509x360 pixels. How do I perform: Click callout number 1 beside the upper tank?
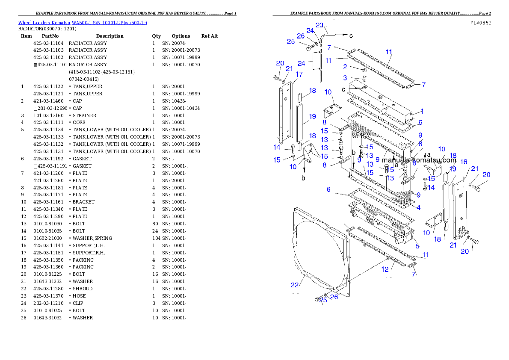click(x=422, y=112)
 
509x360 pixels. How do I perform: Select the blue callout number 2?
click(x=345, y=67)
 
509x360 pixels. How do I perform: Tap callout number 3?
click(x=345, y=78)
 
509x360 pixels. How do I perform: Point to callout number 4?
click(x=418, y=208)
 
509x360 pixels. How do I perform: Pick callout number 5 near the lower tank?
click(x=417, y=246)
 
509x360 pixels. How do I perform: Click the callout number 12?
click(x=385, y=269)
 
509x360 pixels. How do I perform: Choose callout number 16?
click(x=463, y=162)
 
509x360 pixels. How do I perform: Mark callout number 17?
click(x=299, y=74)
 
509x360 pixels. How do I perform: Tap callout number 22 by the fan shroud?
click(x=295, y=285)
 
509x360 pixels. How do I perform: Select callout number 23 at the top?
click(x=319, y=25)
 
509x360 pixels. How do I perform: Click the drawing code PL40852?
click(x=480, y=23)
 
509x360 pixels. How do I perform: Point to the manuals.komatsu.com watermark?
click(x=419, y=161)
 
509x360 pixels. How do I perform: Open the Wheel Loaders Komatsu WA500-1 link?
click(x=82, y=22)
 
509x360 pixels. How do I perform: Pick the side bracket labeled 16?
click(x=461, y=205)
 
